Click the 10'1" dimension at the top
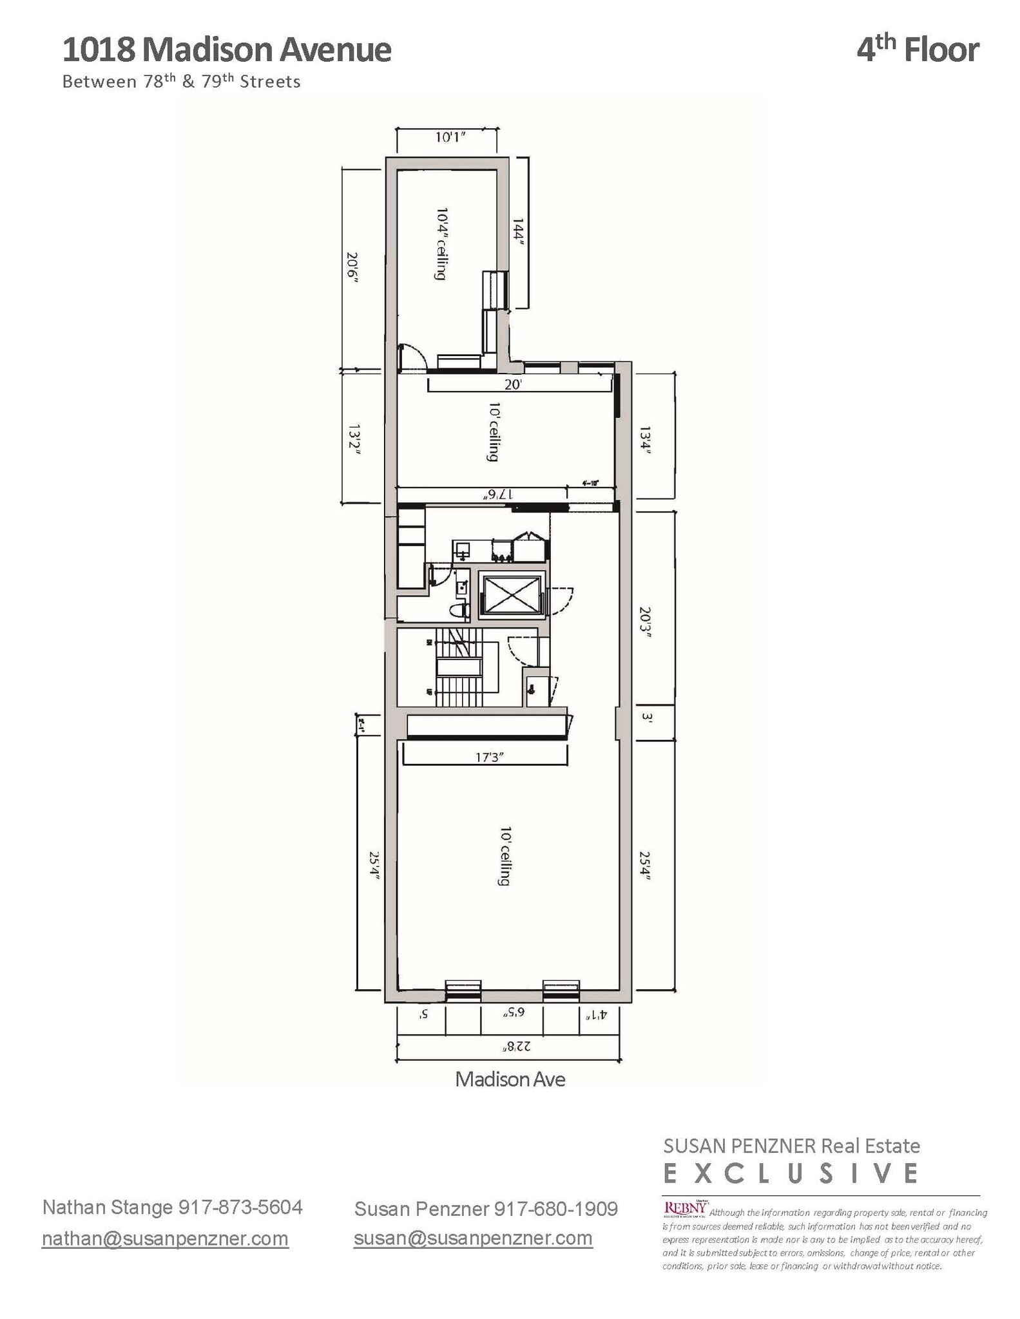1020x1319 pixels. click(450, 137)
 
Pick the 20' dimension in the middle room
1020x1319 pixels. click(512, 384)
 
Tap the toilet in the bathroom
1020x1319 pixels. click(459, 611)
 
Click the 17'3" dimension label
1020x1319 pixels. click(489, 757)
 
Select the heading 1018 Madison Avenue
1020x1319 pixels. click(227, 50)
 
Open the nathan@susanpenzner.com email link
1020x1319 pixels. click(165, 1238)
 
